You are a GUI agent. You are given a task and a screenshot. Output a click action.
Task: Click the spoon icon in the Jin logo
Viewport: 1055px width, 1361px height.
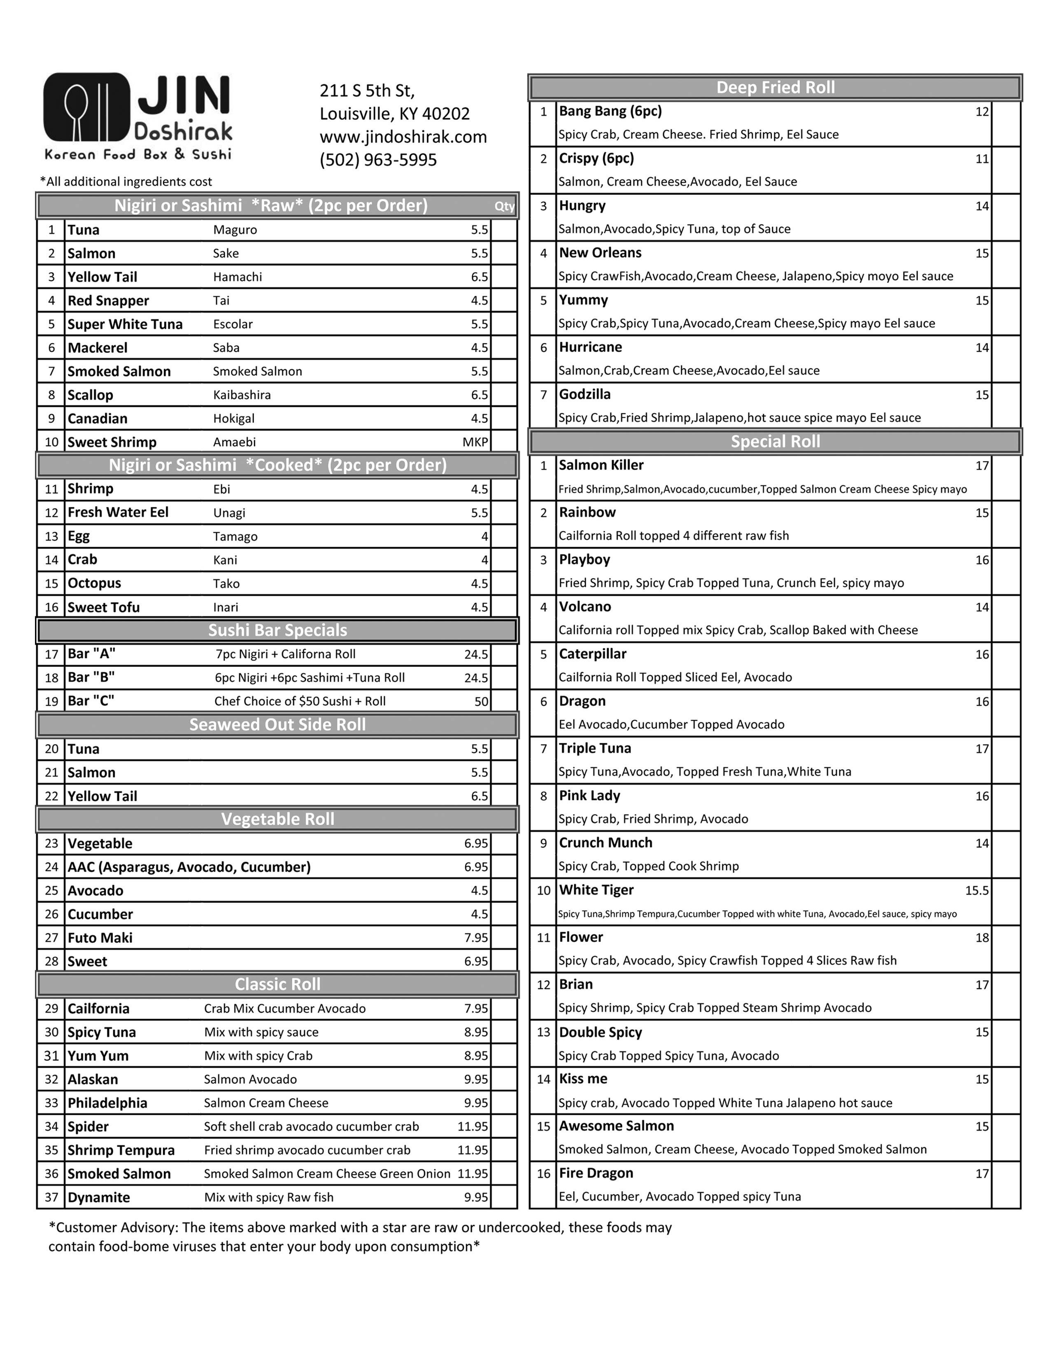click(x=77, y=107)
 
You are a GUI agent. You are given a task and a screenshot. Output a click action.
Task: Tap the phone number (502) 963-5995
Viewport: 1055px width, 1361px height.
click(x=378, y=160)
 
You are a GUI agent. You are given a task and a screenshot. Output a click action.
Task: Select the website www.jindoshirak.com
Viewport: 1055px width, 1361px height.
click(x=403, y=137)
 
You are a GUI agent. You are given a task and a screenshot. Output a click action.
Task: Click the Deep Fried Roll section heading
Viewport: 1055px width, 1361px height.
click(x=775, y=88)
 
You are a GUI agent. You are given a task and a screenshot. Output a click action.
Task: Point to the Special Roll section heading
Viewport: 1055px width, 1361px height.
click(x=775, y=442)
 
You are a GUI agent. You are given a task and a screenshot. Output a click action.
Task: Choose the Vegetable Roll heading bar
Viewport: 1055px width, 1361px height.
click(x=277, y=819)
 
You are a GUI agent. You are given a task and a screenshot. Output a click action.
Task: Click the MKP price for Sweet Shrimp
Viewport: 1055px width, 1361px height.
click(x=475, y=442)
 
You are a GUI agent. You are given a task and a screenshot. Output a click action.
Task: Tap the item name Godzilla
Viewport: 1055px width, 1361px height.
click(x=585, y=394)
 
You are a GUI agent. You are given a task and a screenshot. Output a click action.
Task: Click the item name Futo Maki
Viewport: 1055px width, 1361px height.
click(x=100, y=938)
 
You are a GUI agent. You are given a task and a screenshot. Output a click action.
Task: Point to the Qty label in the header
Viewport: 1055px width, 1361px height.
click(x=505, y=206)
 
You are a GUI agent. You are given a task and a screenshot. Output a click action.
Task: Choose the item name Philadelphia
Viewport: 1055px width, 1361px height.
click(x=107, y=1103)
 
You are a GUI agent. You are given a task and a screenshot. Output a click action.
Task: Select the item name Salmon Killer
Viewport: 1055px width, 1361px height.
click(x=601, y=465)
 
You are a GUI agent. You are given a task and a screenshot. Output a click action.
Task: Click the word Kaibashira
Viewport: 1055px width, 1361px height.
click(x=242, y=395)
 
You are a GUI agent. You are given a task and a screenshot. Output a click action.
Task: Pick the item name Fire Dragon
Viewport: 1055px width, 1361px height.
click(x=596, y=1173)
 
